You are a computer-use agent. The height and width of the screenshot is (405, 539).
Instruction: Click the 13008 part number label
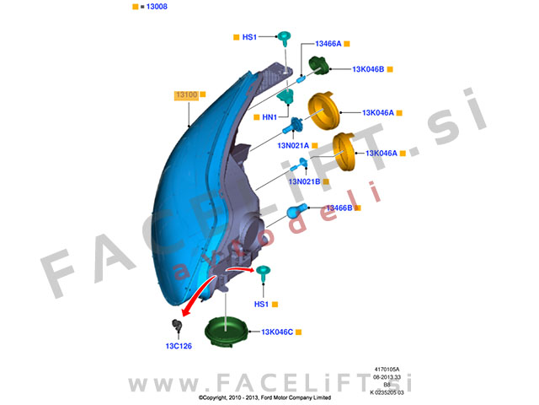156,6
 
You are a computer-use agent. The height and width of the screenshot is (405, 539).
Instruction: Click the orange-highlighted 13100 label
186,96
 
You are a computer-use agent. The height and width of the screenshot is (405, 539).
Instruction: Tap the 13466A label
328,43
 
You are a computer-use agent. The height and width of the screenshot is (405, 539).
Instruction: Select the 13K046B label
368,69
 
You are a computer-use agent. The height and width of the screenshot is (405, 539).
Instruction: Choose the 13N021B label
304,181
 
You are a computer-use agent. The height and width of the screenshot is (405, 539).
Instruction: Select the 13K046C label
276,332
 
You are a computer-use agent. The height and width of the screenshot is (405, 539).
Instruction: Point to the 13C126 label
179,346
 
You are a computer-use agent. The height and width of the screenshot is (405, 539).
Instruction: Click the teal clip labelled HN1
284,99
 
